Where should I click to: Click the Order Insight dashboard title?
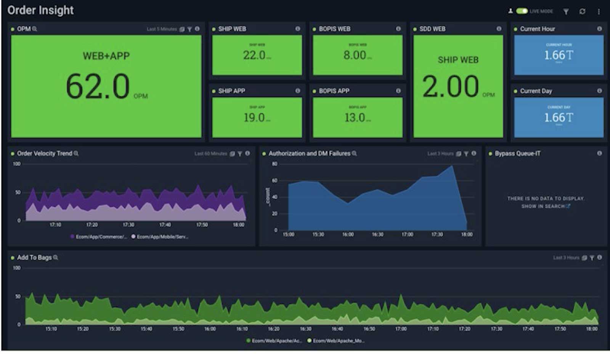click(40, 10)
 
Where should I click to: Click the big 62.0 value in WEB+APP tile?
click(98, 86)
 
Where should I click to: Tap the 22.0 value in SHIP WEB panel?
click(254, 55)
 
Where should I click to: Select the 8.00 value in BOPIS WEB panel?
click(355, 55)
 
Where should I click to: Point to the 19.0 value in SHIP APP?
click(254, 117)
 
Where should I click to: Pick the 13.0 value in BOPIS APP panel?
click(355, 117)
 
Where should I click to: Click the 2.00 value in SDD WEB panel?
click(451, 86)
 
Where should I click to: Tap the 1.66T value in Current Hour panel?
click(559, 55)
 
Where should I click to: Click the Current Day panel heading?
click(536, 91)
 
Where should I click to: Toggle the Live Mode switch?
click(522, 11)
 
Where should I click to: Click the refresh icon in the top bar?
click(582, 11)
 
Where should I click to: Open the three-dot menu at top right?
click(599, 12)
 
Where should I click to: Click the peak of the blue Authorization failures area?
click(452, 166)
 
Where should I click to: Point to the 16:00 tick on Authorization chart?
click(348, 234)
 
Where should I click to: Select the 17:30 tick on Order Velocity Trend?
click(128, 225)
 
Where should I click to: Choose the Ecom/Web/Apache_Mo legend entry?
click(337, 341)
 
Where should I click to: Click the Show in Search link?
click(545, 206)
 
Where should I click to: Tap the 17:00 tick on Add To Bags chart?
click(401, 329)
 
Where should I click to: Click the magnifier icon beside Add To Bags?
click(56, 258)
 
